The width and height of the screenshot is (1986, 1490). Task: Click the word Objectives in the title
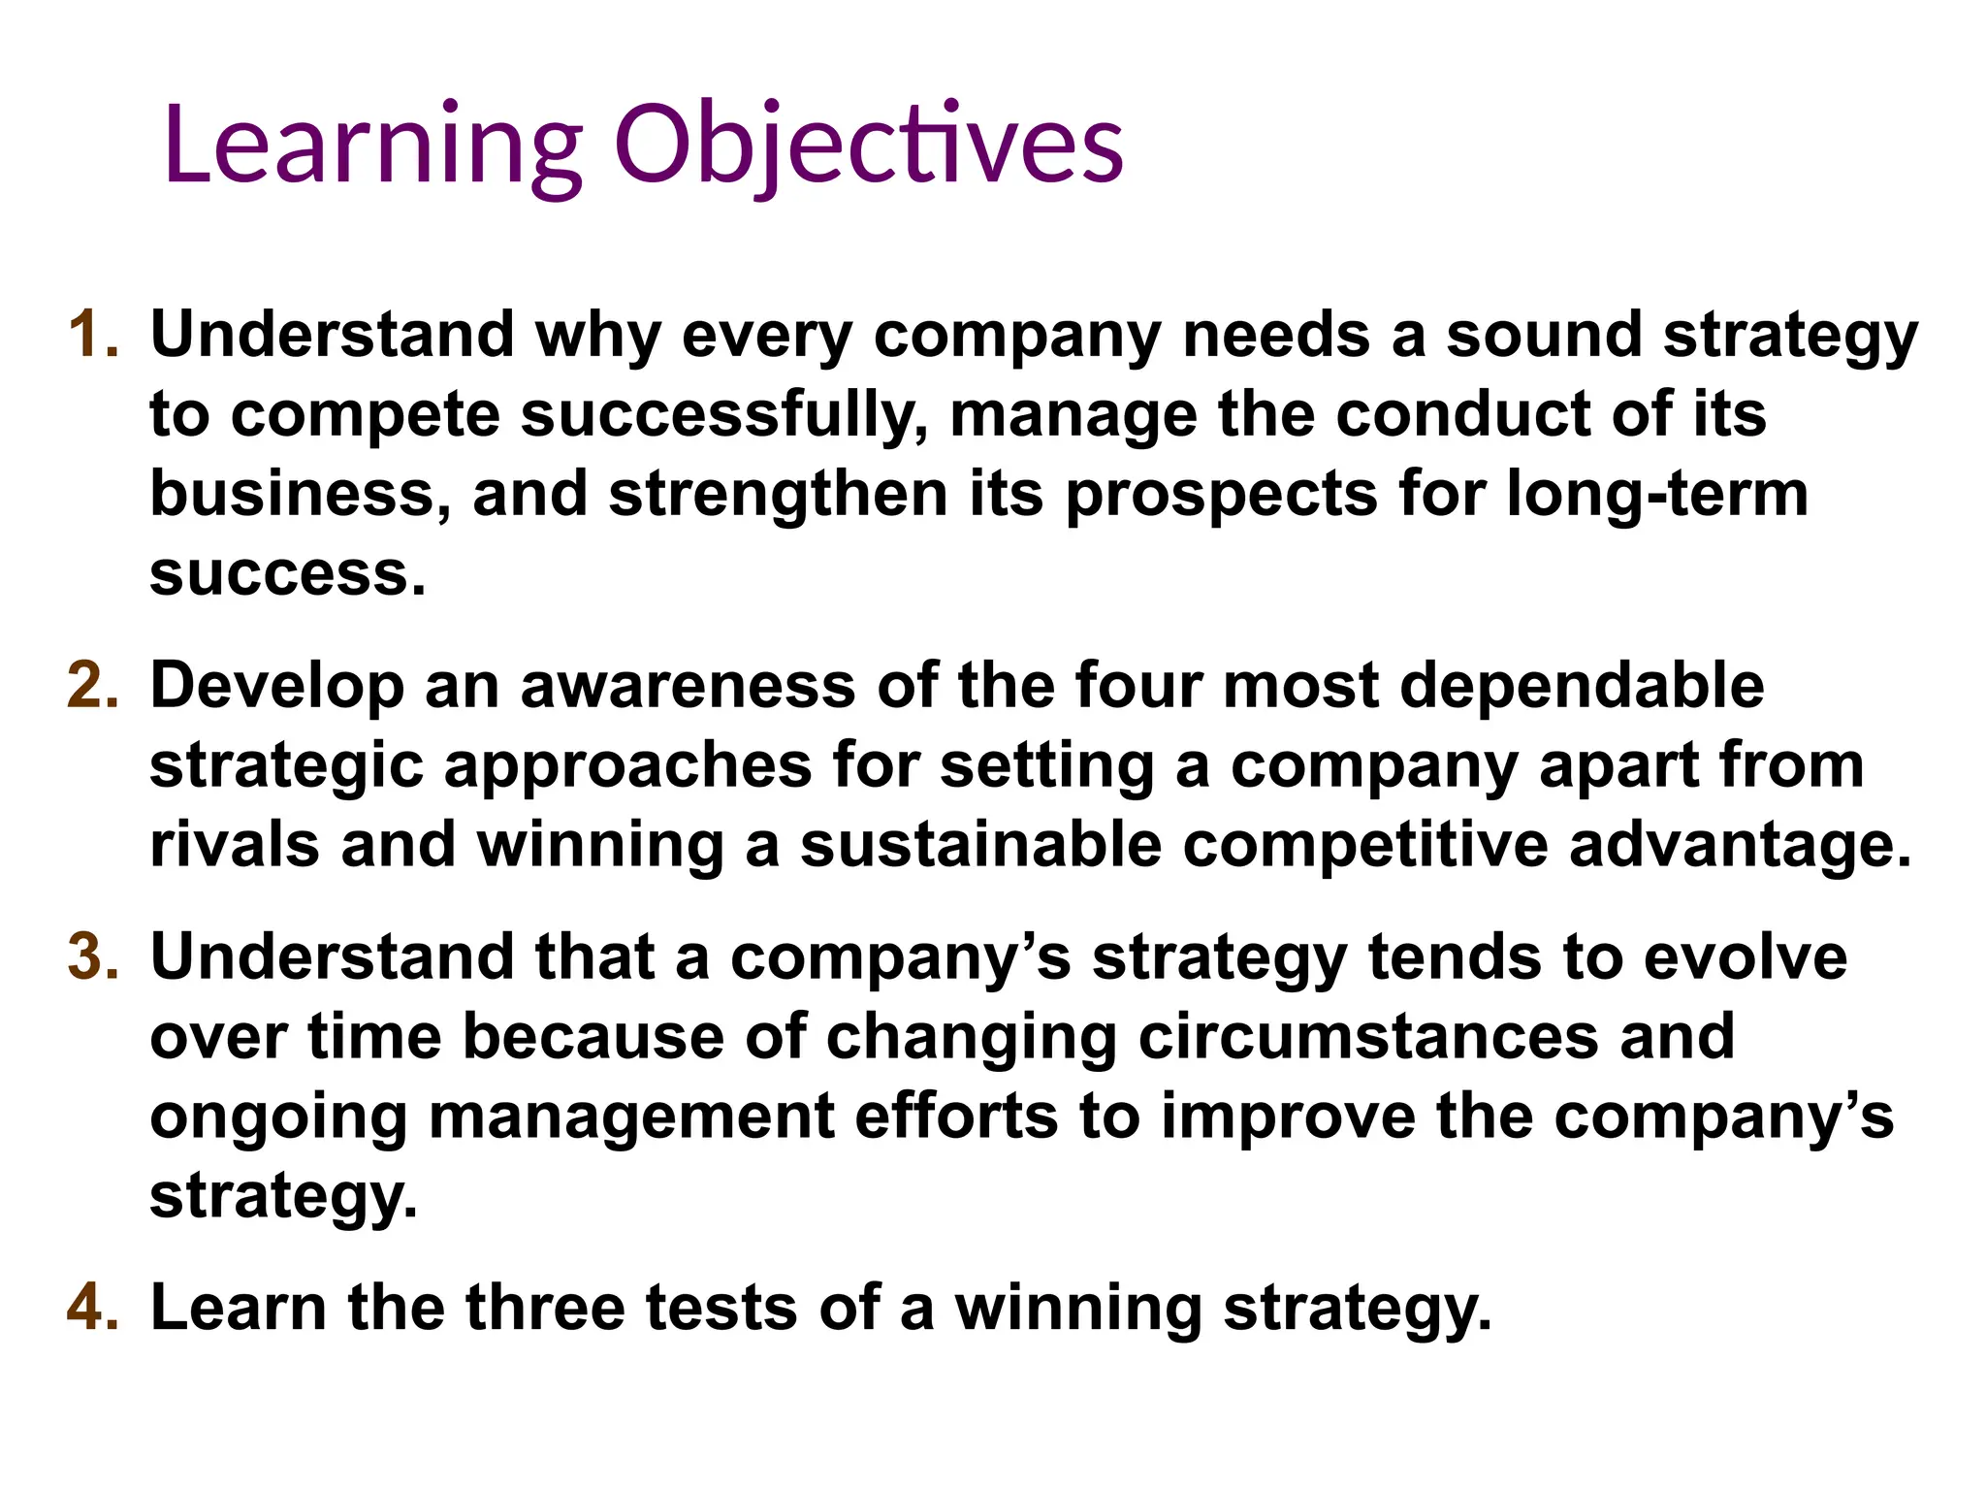click(868, 146)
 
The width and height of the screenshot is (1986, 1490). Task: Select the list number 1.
click(93, 335)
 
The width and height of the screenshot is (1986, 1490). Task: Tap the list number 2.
click(93, 686)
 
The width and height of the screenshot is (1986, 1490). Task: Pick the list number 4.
click(93, 1307)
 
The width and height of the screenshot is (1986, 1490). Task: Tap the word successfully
click(722, 414)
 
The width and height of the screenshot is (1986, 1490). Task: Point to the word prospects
click(1221, 494)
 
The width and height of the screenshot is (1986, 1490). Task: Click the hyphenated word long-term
click(1657, 494)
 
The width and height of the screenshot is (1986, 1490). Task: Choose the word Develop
click(277, 686)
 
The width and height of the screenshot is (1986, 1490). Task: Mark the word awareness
click(688, 686)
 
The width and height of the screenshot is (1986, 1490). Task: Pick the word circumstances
click(1368, 1036)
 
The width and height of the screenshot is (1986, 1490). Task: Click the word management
click(631, 1116)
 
